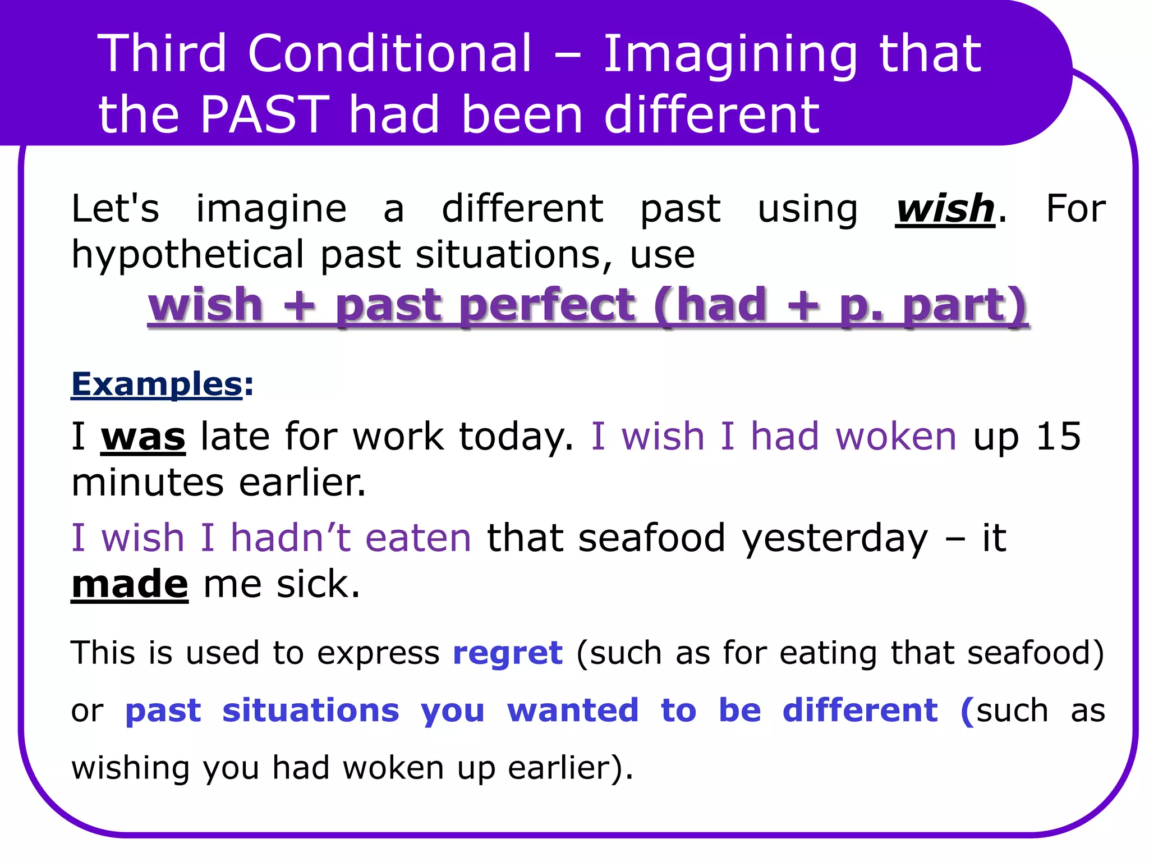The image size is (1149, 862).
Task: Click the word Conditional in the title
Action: pos(389,54)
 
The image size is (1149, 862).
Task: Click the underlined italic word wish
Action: pos(945,209)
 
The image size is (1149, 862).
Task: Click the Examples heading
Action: pos(157,385)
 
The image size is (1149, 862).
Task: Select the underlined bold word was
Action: pos(143,437)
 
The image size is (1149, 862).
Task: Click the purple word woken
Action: pos(895,437)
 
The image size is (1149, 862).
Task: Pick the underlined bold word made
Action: pos(130,584)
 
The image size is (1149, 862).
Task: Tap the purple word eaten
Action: pos(418,538)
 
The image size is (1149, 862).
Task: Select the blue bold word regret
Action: pos(507,653)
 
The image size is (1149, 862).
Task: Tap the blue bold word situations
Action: pos(311,710)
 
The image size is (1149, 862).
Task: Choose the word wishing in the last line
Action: pos(130,769)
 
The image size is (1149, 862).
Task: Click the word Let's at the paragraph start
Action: pos(115,209)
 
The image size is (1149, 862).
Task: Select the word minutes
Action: pos(148,483)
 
